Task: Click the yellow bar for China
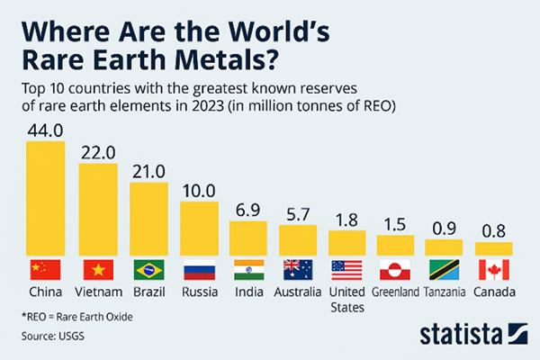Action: coord(46,198)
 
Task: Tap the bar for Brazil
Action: coord(148,219)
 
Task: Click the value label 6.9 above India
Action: coord(249,209)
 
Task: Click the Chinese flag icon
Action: coord(46,269)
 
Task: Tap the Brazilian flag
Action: coord(148,269)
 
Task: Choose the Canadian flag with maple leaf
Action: coord(493,269)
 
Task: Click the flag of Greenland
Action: coord(395,269)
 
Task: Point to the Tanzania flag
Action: coord(444,269)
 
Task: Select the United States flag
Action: coord(346,269)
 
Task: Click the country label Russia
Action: coord(198,292)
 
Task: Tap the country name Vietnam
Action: coord(97,292)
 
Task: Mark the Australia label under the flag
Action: coord(298,292)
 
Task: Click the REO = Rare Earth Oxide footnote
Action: coord(80,318)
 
